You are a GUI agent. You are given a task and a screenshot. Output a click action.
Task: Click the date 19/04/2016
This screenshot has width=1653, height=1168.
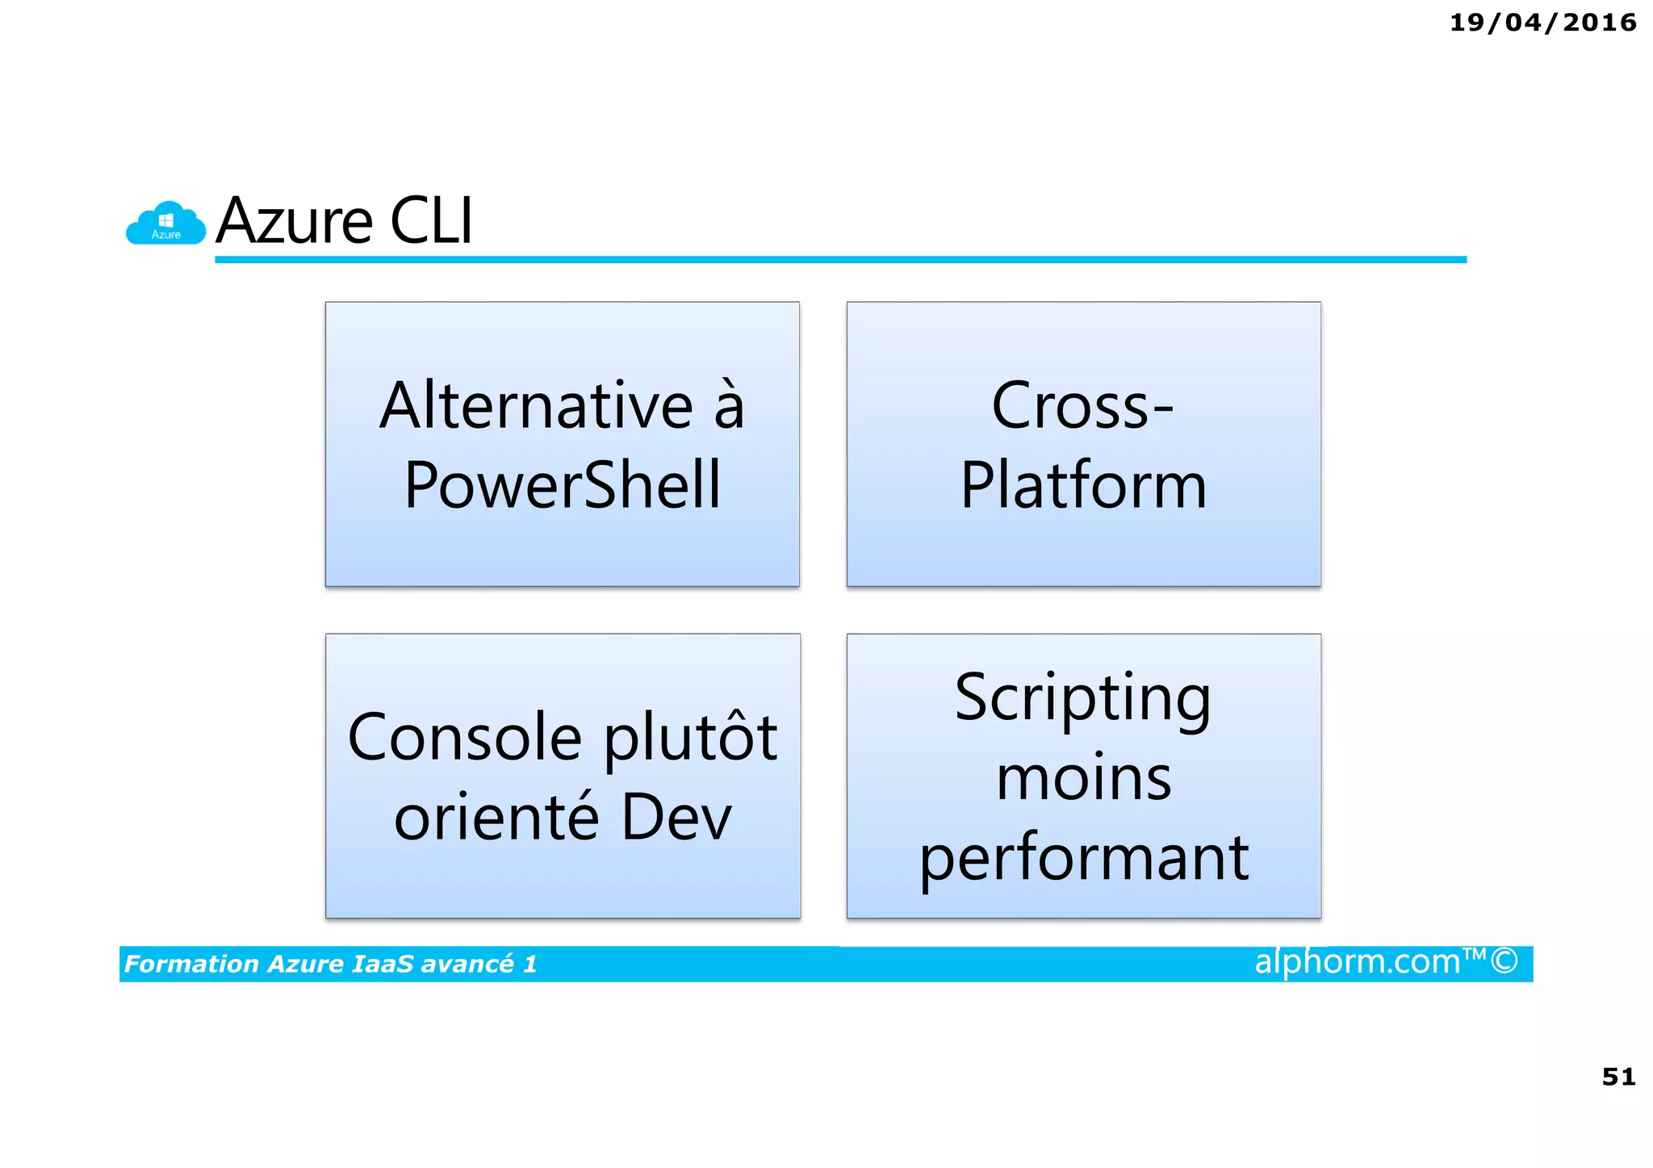point(1542,23)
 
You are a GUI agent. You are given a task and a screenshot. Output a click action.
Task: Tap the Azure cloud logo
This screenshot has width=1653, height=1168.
point(165,224)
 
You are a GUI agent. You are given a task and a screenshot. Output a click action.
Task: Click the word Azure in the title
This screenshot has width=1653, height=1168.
point(295,221)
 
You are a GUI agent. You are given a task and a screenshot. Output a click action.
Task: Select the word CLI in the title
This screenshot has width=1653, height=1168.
point(431,221)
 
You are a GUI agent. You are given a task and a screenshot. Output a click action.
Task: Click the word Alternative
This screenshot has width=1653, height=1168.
point(537,405)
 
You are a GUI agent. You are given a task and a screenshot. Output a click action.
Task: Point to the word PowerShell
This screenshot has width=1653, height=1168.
point(563,485)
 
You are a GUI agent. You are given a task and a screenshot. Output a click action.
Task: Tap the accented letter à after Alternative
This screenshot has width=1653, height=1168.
point(729,405)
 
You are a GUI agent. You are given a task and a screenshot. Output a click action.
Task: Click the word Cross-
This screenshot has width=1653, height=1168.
point(1082,405)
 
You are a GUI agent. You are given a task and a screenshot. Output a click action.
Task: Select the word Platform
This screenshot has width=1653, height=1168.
point(1083,485)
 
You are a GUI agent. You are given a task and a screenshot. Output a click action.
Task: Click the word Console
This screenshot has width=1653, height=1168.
point(465,737)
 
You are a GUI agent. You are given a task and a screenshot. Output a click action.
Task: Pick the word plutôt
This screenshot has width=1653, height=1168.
point(691,737)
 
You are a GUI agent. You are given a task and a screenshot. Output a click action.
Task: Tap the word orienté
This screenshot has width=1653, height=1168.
point(496,817)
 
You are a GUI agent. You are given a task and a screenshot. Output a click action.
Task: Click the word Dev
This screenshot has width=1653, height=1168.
point(676,817)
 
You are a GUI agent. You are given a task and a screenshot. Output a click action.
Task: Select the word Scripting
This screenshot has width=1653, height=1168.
point(1082,698)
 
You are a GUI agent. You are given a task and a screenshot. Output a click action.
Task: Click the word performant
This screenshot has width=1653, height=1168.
point(1083,858)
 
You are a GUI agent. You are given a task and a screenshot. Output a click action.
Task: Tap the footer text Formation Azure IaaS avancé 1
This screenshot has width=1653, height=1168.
point(330,964)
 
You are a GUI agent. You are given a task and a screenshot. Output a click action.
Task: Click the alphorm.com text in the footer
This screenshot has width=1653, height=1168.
point(1357,961)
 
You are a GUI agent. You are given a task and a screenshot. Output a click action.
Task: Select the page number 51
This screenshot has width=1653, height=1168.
point(1618,1076)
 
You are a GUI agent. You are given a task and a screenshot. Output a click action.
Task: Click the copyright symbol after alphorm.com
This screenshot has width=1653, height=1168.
point(1504,961)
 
